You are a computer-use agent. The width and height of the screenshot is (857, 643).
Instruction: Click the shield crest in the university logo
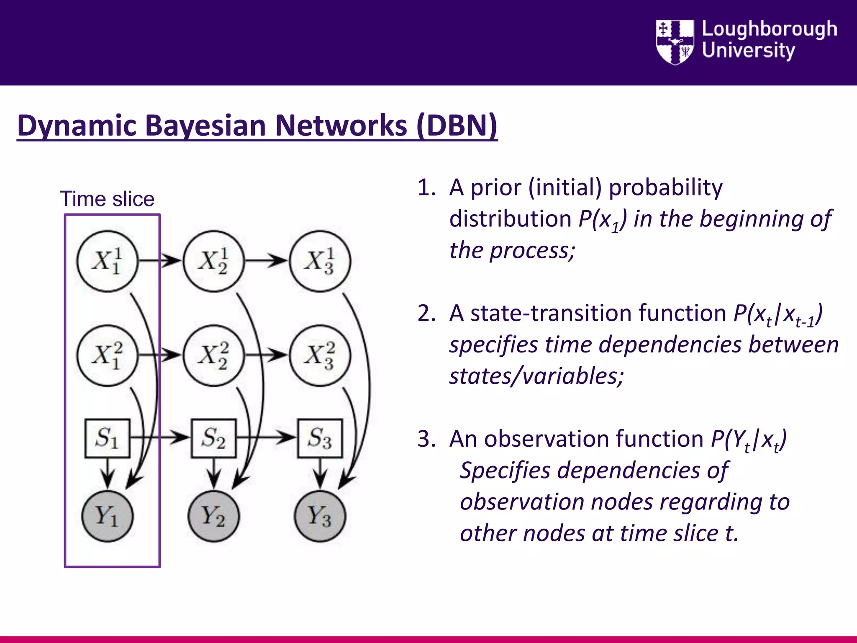[x=675, y=42]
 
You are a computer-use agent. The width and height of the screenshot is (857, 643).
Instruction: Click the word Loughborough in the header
[x=769, y=29]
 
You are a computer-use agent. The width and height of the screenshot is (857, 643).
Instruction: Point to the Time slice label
[x=107, y=199]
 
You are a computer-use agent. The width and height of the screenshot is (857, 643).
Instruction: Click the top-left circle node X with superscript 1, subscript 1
[x=108, y=261]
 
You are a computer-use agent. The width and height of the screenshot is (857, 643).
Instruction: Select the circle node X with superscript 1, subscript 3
[x=320, y=261]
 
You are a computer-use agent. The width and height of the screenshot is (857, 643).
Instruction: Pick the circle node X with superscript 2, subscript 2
[x=214, y=355]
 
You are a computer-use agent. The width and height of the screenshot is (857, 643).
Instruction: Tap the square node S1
[x=108, y=438]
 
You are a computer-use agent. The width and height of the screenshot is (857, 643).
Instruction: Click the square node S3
[x=320, y=438]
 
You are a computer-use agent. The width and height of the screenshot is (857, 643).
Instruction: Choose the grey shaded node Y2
[x=214, y=516]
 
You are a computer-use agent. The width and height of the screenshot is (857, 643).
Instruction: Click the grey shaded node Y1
[x=108, y=516]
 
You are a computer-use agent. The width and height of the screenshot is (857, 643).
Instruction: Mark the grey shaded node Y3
[x=320, y=516]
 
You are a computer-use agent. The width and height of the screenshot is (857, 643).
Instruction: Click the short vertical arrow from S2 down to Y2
[x=214, y=473]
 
